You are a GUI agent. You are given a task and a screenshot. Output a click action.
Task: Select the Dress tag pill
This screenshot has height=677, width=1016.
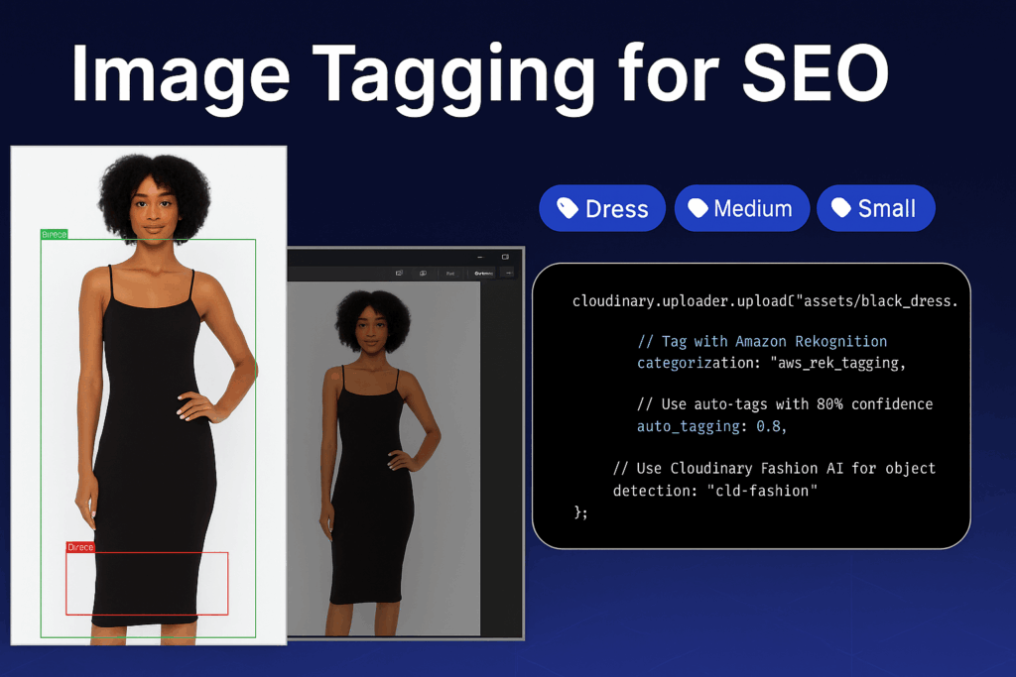tap(602, 209)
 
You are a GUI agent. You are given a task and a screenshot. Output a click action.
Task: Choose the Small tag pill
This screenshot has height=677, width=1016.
tap(875, 208)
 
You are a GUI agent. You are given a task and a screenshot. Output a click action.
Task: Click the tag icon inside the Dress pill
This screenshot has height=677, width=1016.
tap(568, 208)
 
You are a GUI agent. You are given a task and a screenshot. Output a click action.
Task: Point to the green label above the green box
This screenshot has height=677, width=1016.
tap(55, 235)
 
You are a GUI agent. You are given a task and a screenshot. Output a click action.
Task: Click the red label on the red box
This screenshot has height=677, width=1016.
tap(80, 547)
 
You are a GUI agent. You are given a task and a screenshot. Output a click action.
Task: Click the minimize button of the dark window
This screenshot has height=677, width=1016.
tap(480, 257)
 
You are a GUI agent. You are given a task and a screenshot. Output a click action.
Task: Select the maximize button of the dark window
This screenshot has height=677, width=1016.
tap(505, 257)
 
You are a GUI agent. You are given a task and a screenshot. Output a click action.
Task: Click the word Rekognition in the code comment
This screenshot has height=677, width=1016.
tap(840, 341)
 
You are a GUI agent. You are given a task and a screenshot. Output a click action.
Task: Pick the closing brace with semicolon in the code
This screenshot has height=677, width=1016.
tap(581, 511)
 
